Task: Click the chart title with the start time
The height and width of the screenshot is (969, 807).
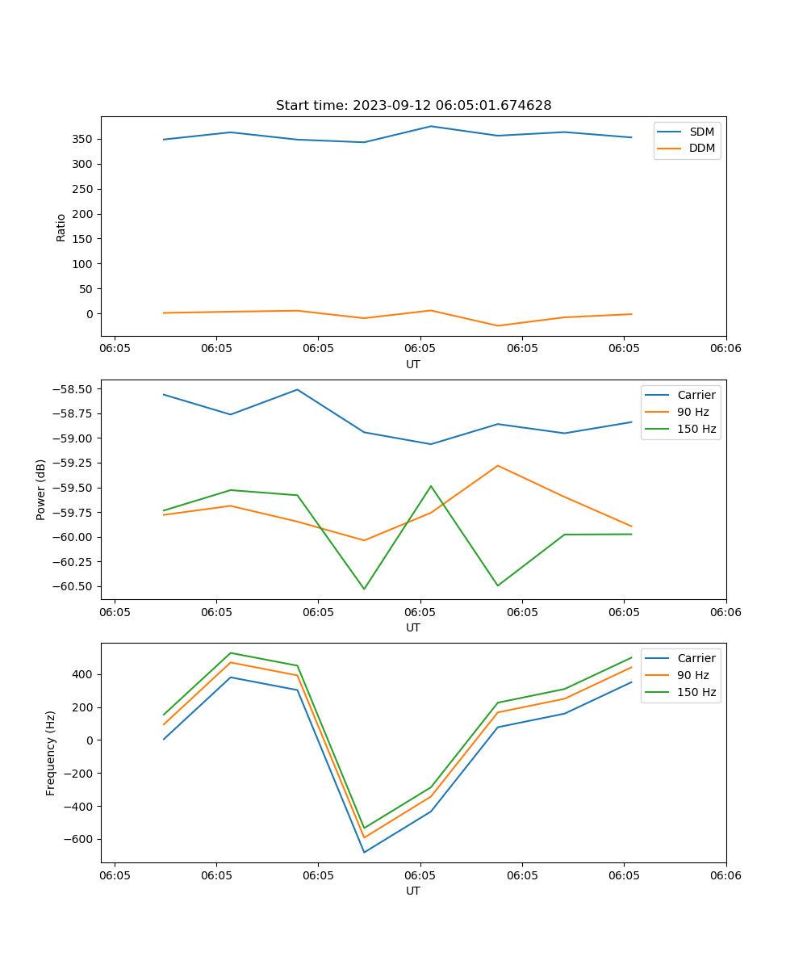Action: tap(413, 106)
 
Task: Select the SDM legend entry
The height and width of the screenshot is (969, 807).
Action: tap(701, 132)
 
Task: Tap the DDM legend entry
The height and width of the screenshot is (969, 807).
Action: tap(701, 148)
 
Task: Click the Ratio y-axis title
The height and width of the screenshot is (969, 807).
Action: tap(61, 227)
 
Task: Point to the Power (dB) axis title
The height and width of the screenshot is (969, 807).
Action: tap(41, 489)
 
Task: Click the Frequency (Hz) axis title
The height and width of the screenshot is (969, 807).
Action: tap(51, 753)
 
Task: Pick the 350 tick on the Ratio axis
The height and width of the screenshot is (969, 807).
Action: tap(81, 139)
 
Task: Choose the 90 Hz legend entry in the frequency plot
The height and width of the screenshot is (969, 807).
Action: tap(693, 675)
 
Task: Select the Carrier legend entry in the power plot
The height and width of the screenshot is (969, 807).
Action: tap(696, 395)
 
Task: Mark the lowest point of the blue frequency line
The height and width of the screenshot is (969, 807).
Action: tap(364, 852)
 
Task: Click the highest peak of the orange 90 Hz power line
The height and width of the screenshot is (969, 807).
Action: tap(498, 466)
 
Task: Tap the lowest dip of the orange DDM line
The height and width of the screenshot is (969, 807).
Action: tap(497, 326)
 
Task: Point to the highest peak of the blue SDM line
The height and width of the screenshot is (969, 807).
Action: tap(431, 126)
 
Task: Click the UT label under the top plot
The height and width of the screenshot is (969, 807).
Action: tap(413, 364)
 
